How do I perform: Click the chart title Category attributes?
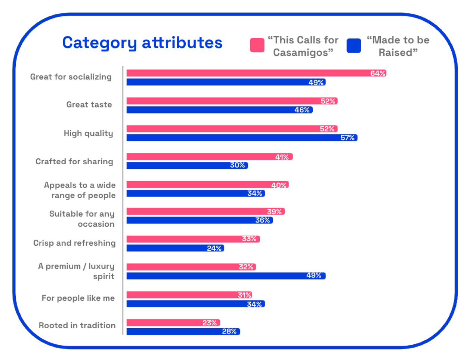pyautogui.click(x=142, y=43)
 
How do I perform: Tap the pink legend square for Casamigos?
pyautogui.click(x=257, y=45)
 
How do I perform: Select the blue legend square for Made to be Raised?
pyautogui.click(x=353, y=46)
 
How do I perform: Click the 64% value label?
pyautogui.click(x=378, y=73)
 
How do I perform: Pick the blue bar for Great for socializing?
pyautogui.click(x=226, y=82)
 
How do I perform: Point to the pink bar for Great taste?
pyautogui.click(x=232, y=101)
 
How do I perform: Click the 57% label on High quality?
pyautogui.click(x=347, y=138)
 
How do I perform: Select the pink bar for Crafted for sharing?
pyautogui.click(x=210, y=156)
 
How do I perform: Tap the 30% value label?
pyautogui.click(x=237, y=165)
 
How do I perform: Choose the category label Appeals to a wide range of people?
pyautogui.click(x=80, y=190)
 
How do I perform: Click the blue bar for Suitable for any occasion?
pyautogui.click(x=200, y=220)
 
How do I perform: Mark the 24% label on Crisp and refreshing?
pyautogui.click(x=214, y=248)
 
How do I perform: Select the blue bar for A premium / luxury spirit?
pyautogui.click(x=226, y=276)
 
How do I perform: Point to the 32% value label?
pyautogui.click(x=246, y=267)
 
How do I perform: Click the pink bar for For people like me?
pyautogui.click(x=189, y=295)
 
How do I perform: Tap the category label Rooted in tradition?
pyautogui.click(x=77, y=325)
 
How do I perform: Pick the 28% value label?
pyautogui.click(x=229, y=332)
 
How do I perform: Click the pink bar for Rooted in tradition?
pyautogui.click(x=173, y=323)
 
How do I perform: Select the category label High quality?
pyautogui.click(x=88, y=133)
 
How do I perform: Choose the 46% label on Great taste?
pyautogui.click(x=302, y=110)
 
